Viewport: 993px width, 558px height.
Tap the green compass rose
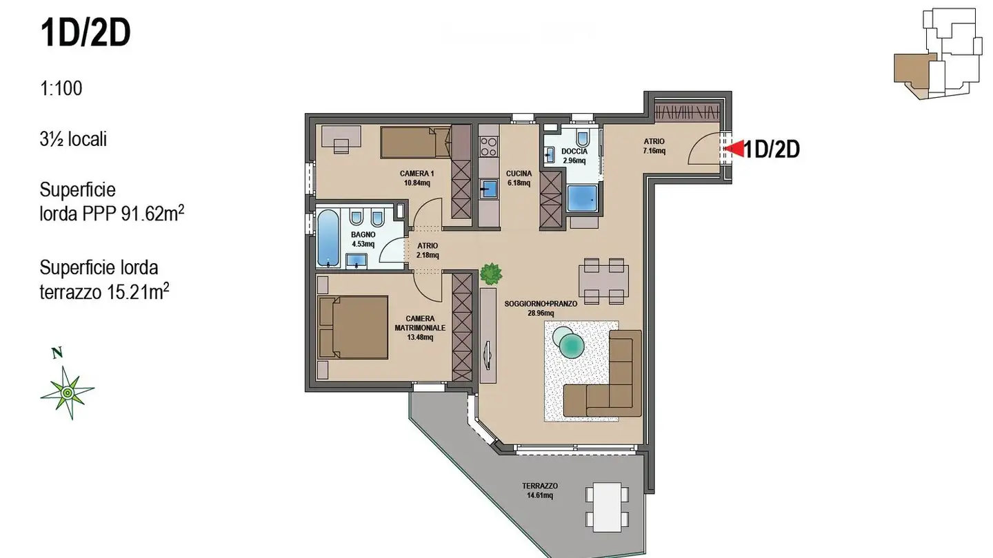pos(67,392)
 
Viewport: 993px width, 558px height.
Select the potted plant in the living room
pos(491,273)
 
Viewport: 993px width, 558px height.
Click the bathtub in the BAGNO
pos(328,238)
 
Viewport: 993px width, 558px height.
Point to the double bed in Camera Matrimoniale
pos(353,327)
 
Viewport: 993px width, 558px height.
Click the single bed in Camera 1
pos(412,143)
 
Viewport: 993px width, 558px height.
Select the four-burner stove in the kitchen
pos(488,146)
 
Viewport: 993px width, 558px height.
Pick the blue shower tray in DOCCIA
pos(583,198)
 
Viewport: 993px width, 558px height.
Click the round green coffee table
pos(572,344)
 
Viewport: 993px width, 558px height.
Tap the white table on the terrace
pos(608,506)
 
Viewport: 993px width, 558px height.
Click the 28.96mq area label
pos(540,313)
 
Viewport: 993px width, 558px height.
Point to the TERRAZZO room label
pos(540,486)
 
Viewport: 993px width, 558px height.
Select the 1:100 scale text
pos(61,88)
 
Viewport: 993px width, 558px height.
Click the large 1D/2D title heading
pos(86,34)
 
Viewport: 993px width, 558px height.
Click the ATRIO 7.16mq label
pos(654,146)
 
